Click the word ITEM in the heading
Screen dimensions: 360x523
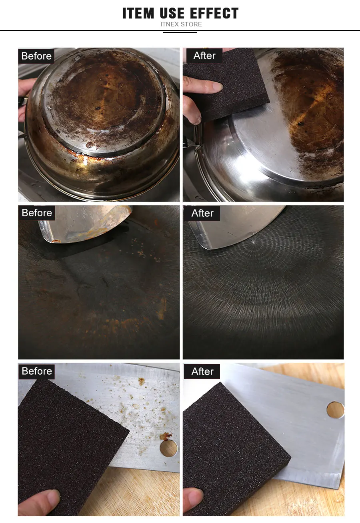[x=138, y=13]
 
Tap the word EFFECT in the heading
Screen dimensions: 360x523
[x=214, y=13]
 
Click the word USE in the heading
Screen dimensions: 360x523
[x=172, y=13]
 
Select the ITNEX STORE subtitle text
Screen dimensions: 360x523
[x=181, y=24]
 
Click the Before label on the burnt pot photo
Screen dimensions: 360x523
[x=36, y=56]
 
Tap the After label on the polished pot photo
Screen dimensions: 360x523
[x=204, y=56]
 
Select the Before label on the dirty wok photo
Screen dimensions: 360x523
[x=37, y=213]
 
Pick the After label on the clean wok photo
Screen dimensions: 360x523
[x=202, y=213]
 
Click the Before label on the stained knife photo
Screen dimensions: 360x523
[x=37, y=371]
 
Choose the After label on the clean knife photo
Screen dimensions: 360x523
[x=202, y=371]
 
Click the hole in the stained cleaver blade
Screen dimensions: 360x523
[x=169, y=448]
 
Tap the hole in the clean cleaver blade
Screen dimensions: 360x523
[x=335, y=410]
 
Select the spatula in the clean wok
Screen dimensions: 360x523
[x=236, y=226]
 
